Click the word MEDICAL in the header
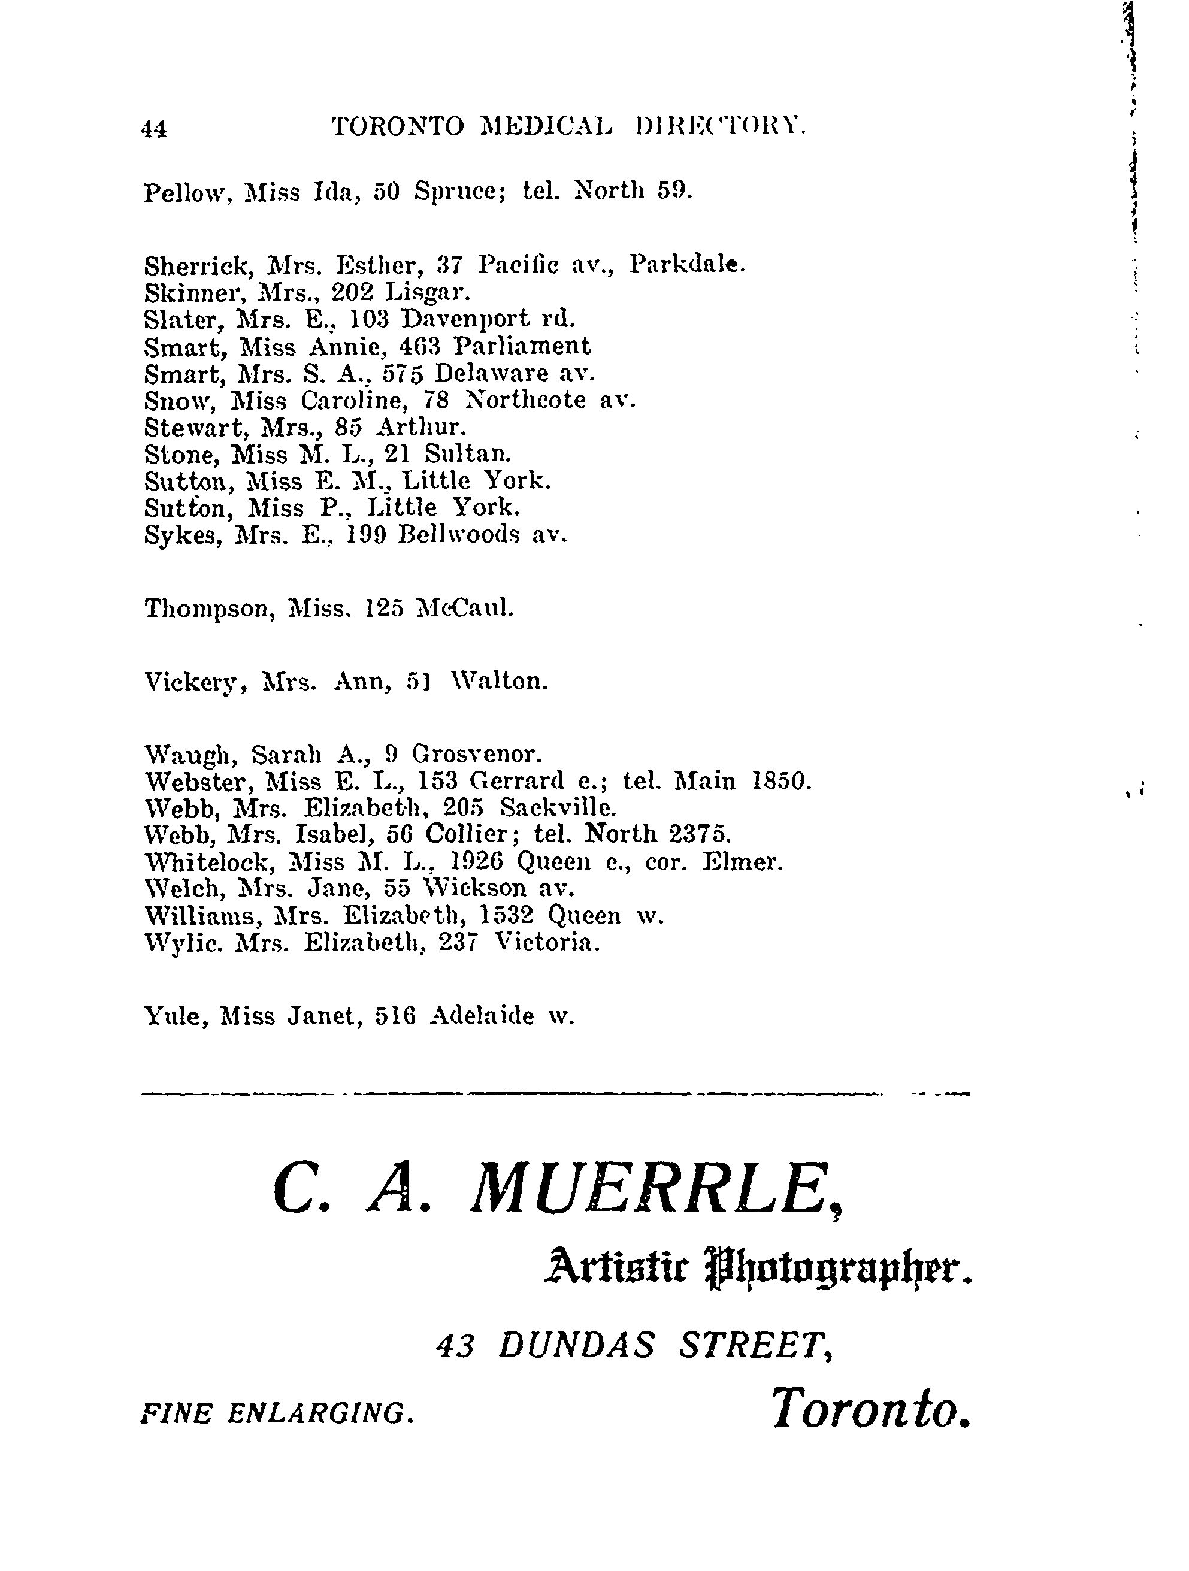[544, 126]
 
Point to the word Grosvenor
[477, 753]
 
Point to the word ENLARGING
[320, 1413]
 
